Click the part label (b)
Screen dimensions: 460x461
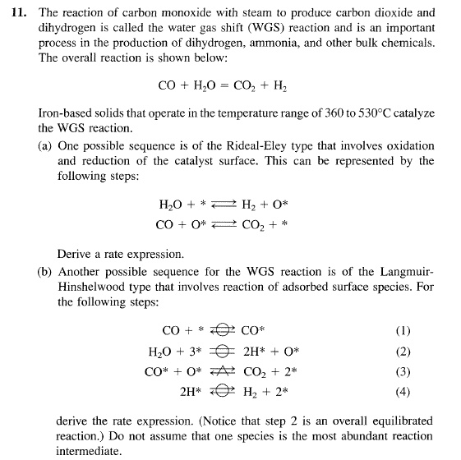[x=47, y=272]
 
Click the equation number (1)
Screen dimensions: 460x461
[x=403, y=331]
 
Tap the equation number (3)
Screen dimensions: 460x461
[x=403, y=370]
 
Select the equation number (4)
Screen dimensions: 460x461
[x=403, y=390]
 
